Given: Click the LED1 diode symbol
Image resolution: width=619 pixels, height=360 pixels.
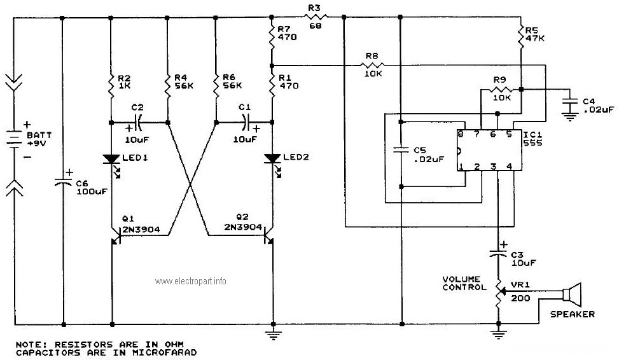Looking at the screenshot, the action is coord(111,159).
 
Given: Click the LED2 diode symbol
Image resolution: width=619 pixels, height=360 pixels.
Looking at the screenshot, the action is coord(272,158).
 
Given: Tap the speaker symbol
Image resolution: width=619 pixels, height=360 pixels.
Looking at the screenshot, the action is coord(572,294).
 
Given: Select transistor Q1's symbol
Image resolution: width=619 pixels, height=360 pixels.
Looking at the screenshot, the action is coord(115,236).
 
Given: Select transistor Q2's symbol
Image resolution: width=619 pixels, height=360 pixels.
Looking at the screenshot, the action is coord(269,236).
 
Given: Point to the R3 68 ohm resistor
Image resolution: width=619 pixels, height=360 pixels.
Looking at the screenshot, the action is coord(316,17).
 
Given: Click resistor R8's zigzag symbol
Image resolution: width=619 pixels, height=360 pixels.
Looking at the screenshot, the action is coord(372,65).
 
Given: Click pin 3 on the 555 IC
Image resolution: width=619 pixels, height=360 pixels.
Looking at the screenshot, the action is coord(493,167).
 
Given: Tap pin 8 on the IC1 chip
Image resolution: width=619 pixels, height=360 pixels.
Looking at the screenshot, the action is coord(461,134).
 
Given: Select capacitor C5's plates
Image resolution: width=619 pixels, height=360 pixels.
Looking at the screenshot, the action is coord(401,150).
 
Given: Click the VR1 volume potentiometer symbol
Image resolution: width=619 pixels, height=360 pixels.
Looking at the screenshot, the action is coord(499,293).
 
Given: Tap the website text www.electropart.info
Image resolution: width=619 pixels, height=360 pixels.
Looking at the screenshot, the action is coord(191,281).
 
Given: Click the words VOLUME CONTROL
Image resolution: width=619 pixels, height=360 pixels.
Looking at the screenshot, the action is coord(464,284).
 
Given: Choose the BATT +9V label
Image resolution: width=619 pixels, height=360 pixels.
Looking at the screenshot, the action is coord(39,139).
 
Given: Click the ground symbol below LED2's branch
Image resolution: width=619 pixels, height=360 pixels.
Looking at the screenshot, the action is coord(273,335).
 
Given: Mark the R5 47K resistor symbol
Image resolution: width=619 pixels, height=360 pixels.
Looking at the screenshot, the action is coord(521,36).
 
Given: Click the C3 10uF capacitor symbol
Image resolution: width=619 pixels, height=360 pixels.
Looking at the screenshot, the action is coord(498,253).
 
